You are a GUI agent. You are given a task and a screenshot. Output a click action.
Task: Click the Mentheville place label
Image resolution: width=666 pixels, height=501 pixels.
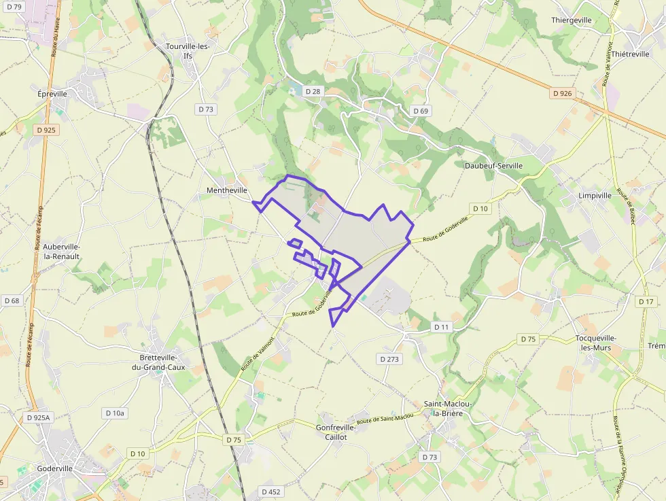coord(227,191)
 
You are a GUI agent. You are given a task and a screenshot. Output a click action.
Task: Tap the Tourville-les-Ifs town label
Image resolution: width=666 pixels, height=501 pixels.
coord(188,51)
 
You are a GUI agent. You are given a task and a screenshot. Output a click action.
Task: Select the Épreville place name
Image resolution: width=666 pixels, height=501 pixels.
coord(52,94)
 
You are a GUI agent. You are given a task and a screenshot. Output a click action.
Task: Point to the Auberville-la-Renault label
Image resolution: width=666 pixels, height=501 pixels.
coord(61,252)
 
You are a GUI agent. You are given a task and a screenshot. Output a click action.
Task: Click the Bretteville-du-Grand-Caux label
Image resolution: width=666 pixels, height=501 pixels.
coord(158,362)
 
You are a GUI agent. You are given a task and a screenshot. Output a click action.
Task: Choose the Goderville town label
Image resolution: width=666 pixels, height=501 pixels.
coord(56,468)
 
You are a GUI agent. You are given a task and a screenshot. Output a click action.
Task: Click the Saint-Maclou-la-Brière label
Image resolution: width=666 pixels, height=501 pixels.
coord(448,408)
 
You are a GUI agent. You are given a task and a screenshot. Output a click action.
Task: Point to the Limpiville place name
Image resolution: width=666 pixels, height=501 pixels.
coord(595,196)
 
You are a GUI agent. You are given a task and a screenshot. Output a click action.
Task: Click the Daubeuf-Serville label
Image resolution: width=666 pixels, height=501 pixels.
coord(493,166)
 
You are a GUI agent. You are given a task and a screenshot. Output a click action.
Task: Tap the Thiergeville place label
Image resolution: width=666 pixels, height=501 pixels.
coord(572,20)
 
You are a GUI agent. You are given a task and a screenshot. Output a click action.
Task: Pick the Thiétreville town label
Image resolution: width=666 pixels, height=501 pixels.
coord(631,54)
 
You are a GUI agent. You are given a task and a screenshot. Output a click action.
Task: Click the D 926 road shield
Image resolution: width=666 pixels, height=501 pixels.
coord(562,93)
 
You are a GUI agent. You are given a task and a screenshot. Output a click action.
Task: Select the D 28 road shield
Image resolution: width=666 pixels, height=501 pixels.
coord(313,91)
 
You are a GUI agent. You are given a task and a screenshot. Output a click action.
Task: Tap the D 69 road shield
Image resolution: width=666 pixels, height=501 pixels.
coord(421,111)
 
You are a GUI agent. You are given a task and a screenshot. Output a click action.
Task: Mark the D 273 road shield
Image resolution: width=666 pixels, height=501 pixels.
coord(390,358)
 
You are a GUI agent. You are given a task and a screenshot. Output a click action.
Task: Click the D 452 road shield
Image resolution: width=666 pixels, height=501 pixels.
coord(270,491)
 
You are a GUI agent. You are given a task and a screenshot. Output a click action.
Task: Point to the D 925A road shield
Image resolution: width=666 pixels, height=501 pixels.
coord(38,417)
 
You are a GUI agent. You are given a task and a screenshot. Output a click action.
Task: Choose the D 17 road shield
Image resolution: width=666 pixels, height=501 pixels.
coord(646,301)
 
